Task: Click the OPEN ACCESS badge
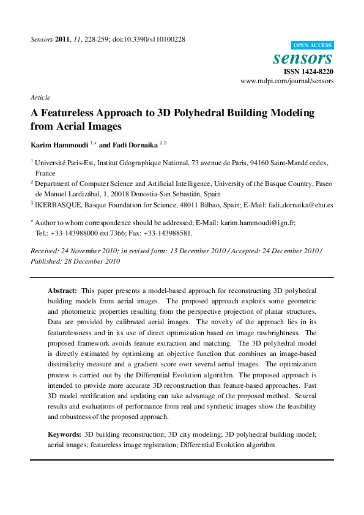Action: [313, 46]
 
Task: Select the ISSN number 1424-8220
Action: [318, 72]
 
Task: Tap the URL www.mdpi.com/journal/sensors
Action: [286, 81]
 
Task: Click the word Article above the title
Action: [40, 97]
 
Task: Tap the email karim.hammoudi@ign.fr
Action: [258, 223]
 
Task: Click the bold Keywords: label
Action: [64, 434]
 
